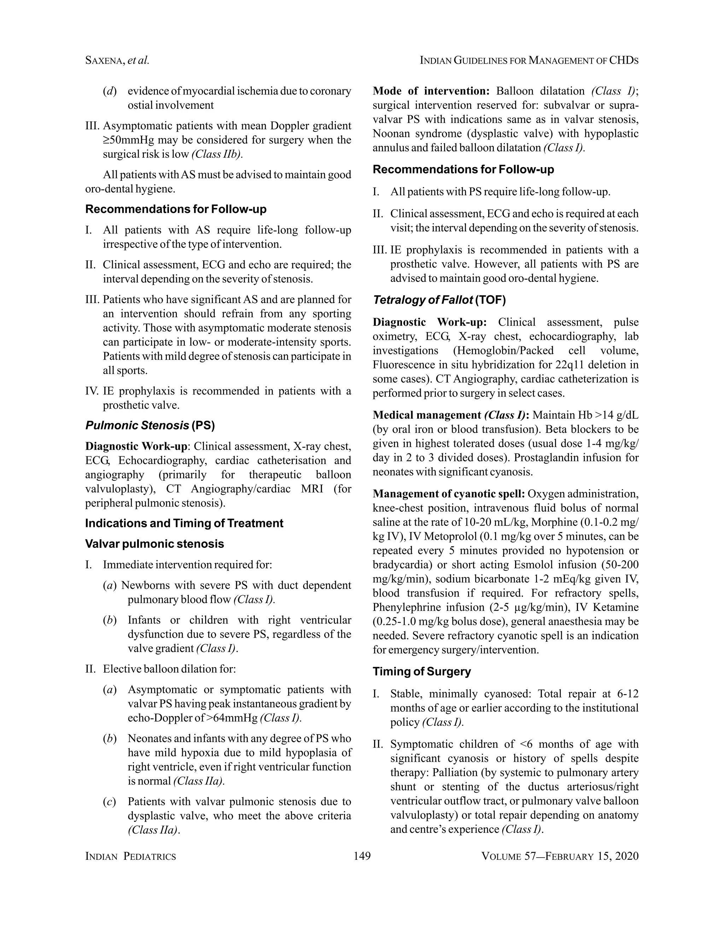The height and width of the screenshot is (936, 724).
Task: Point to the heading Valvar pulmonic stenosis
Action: (x=154, y=544)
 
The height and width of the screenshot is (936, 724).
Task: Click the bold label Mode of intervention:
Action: (x=431, y=91)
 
